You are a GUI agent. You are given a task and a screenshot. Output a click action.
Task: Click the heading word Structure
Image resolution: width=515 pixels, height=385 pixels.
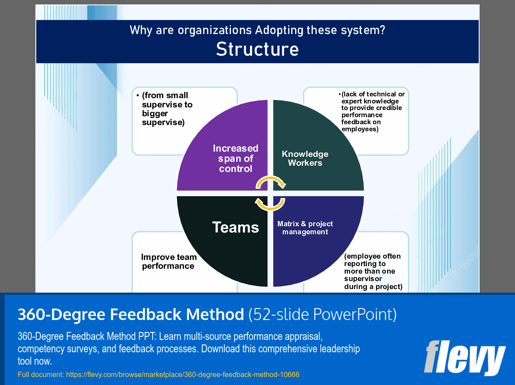point(257,49)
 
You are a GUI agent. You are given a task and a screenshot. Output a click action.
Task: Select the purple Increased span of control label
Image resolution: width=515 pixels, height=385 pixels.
point(235,158)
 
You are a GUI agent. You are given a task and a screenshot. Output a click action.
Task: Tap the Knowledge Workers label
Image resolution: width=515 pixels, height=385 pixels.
point(305,158)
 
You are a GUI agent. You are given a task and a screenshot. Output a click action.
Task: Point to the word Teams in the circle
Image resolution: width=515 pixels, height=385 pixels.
point(235,227)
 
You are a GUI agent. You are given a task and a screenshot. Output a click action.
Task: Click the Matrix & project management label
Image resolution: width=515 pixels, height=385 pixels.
point(305,228)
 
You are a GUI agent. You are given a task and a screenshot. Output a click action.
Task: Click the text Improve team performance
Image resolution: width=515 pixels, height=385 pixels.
point(169,261)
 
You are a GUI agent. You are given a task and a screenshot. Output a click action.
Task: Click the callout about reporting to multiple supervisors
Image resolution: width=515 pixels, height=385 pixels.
point(373,271)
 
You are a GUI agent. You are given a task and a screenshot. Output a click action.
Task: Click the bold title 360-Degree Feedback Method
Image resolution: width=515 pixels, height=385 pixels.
point(131,314)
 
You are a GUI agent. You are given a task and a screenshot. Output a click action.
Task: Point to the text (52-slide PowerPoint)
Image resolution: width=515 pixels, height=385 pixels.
point(322,314)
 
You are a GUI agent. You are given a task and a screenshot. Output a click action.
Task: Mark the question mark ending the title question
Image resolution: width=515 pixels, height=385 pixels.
point(382,30)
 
